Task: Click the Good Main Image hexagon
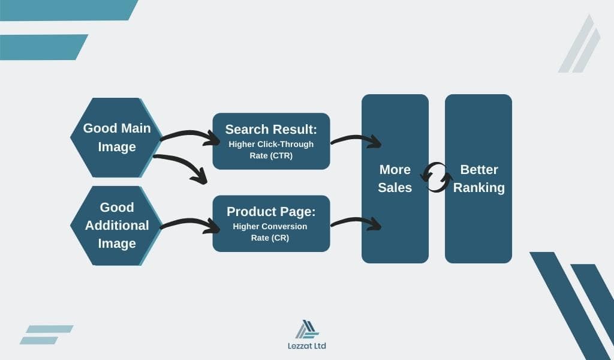click(x=116, y=138)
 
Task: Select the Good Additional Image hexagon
click(x=116, y=226)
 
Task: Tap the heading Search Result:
click(x=271, y=129)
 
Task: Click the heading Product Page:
click(x=271, y=212)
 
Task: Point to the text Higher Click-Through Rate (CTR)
click(x=271, y=149)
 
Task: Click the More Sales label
click(x=395, y=178)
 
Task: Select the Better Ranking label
click(x=478, y=178)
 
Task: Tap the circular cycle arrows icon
click(x=437, y=178)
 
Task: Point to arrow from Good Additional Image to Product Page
click(x=191, y=224)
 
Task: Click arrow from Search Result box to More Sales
click(x=356, y=140)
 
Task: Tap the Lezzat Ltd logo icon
click(x=306, y=329)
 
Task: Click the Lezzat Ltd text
click(x=306, y=346)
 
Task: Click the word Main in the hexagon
click(x=136, y=128)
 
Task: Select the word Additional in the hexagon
click(x=117, y=226)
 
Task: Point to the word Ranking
click(x=478, y=188)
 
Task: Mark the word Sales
click(x=395, y=188)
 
